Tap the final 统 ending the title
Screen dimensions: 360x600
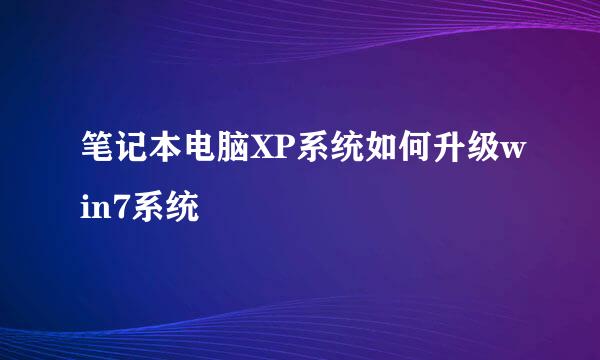182,209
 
